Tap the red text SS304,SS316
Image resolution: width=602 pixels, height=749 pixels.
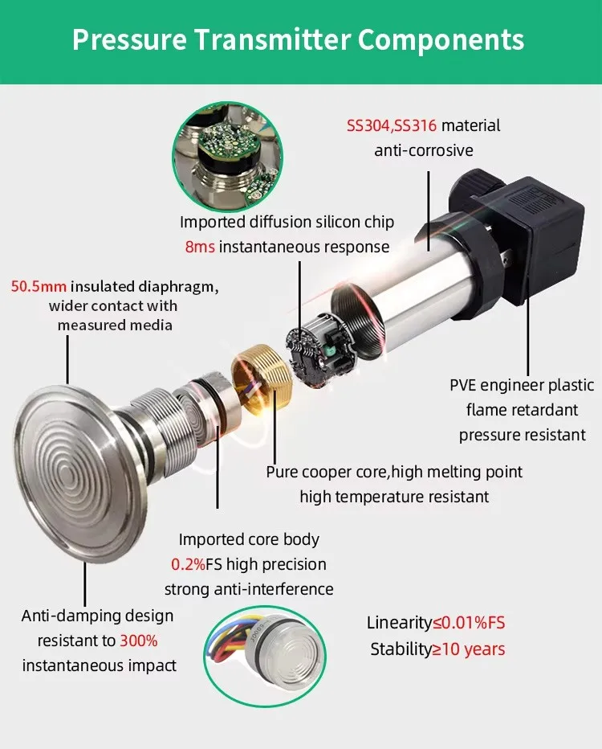coord(391,125)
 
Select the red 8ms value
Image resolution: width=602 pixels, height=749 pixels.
coord(200,247)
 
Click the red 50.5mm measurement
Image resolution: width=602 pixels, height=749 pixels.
coord(39,287)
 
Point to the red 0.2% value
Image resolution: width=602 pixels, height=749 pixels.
coord(188,564)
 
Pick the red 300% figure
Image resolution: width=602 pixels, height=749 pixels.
coord(138,641)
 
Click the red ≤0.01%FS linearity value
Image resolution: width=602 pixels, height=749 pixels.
coord(469,623)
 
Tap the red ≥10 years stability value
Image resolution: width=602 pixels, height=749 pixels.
coord(469,649)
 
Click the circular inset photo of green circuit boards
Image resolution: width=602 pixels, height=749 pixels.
coord(227,157)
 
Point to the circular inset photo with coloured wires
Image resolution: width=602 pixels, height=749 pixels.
coord(265,656)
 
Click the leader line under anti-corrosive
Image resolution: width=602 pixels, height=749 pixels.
coord(429,211)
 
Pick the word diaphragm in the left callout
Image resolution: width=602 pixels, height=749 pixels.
coord(178,287)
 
